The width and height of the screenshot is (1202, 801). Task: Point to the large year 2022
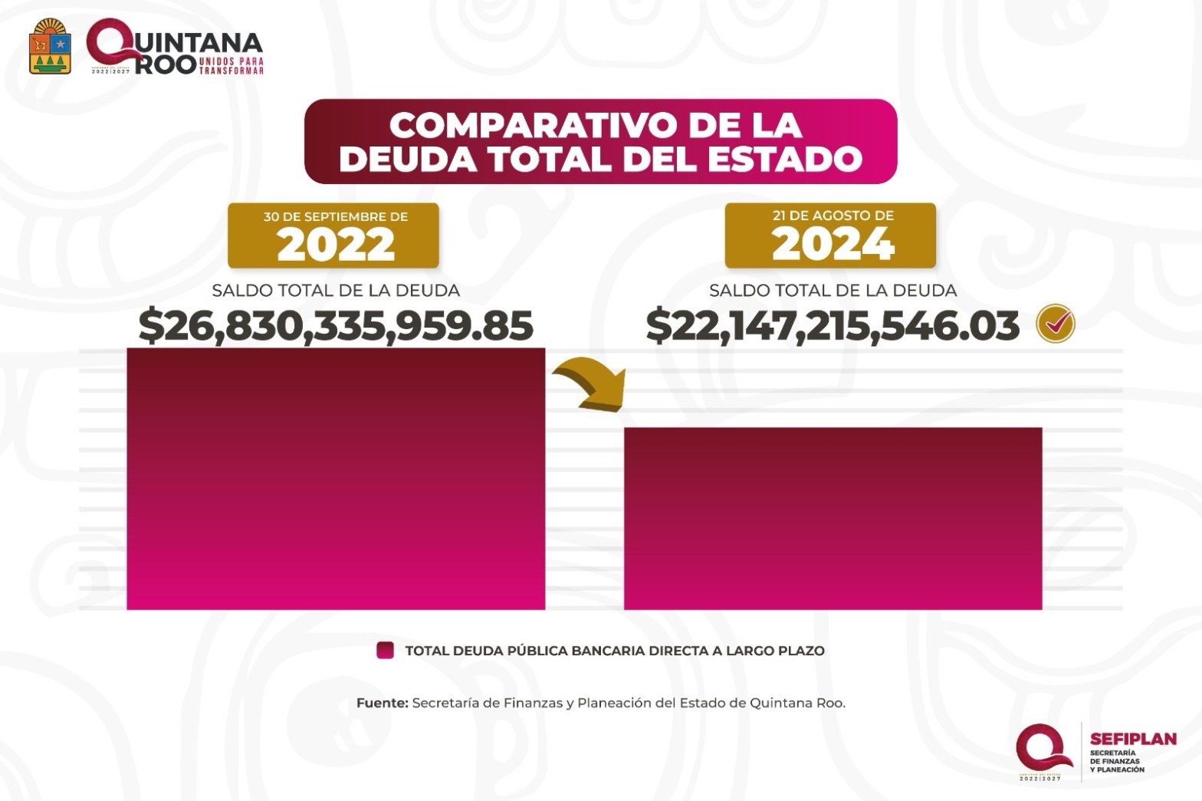click(335, 246)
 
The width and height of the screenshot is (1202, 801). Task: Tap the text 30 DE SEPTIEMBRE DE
click(335, 216)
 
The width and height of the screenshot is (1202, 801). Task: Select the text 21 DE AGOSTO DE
click(833, 216)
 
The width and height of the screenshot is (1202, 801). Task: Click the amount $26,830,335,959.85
click(335, 325)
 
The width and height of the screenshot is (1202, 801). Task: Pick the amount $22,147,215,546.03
click(832, 325)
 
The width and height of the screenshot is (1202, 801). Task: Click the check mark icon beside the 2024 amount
click(1056, 324)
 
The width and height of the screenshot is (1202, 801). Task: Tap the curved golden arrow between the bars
click(590, 387)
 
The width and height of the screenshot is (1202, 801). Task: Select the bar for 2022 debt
click(335, 480)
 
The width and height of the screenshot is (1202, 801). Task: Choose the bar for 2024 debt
click(833, 519)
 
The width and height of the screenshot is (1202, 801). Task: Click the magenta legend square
click(385, 651)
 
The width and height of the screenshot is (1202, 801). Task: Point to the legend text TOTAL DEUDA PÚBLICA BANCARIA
click(614, 651)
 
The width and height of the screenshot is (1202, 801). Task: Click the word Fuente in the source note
click(381, 703)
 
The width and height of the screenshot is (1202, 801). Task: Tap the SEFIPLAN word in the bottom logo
click(1132, 739)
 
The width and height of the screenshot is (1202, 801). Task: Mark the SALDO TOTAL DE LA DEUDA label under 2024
click(833, 291)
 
